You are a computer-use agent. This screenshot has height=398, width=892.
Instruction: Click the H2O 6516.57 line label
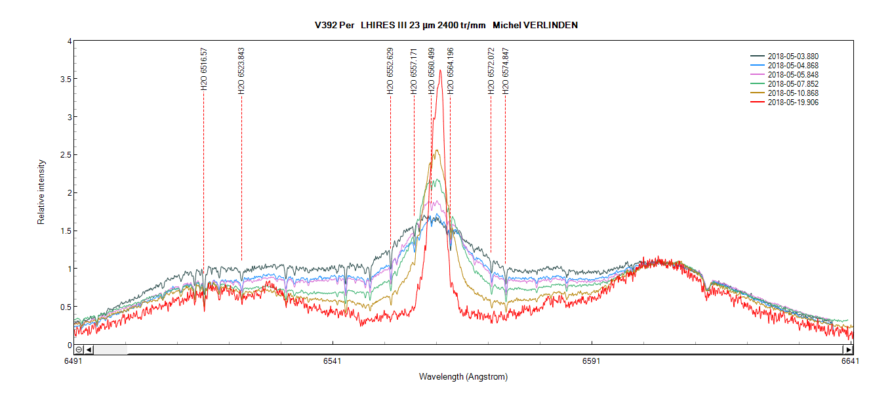(x=204, y=68)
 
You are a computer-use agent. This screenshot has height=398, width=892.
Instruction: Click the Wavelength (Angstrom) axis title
(x=463, y=377)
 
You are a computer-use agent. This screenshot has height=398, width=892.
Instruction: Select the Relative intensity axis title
(x=41, y=192)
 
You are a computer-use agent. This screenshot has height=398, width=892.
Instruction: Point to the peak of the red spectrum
(x=440, y=70)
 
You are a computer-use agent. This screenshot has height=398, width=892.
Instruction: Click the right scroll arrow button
(x=847, y=349)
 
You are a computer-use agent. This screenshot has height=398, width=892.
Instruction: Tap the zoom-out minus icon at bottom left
(x=79, y=349)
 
